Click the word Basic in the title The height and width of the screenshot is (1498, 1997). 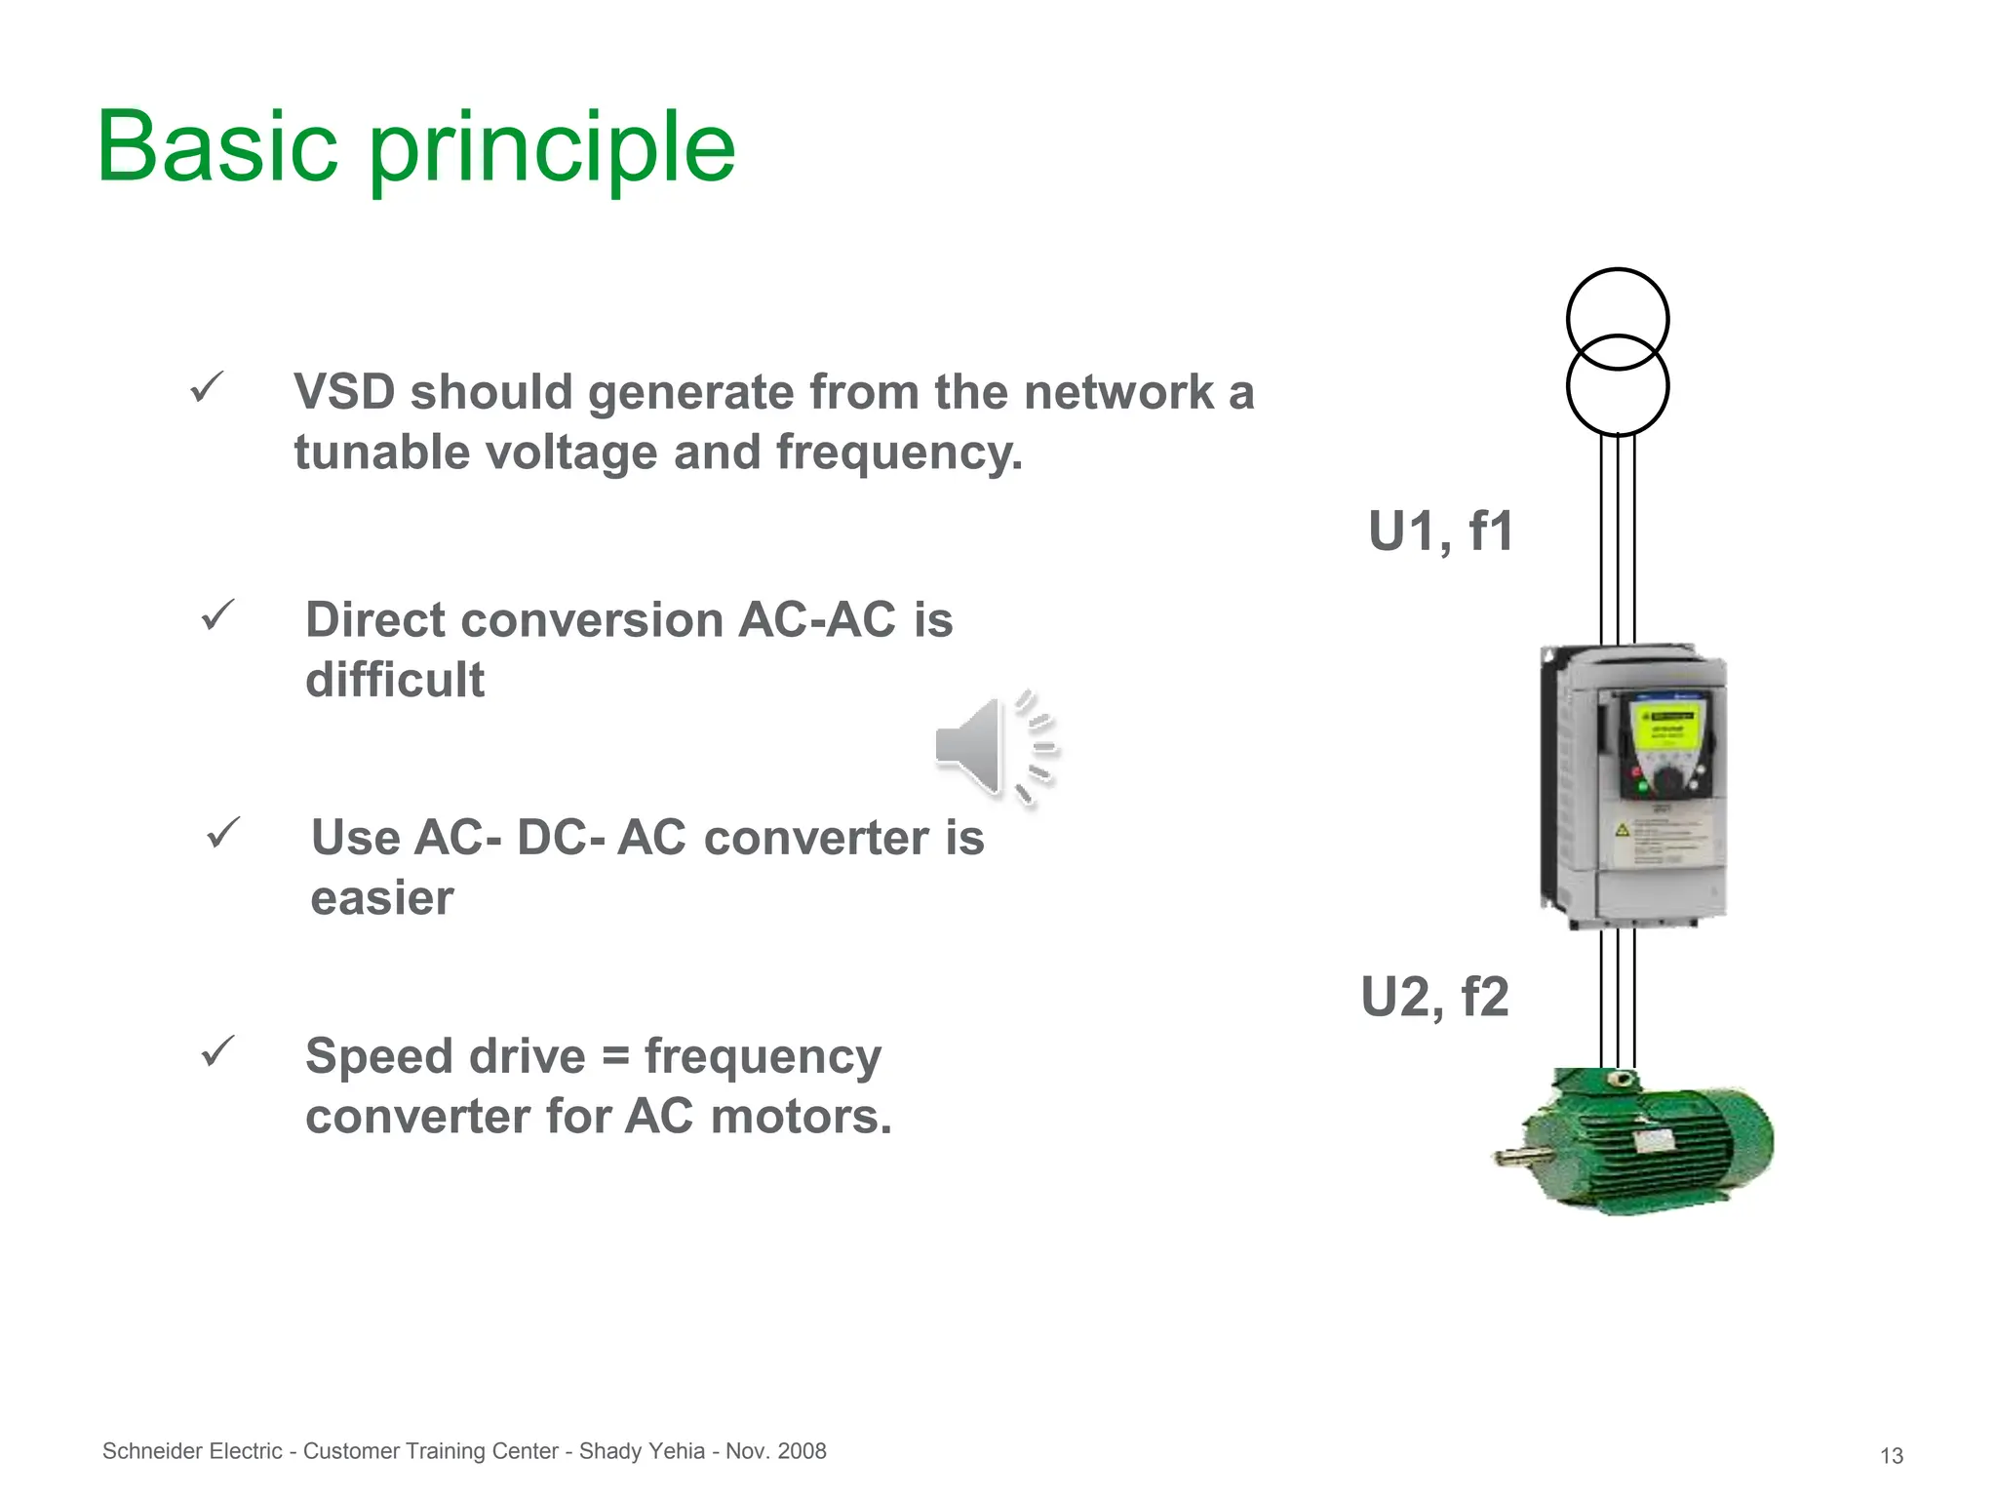[216, 148]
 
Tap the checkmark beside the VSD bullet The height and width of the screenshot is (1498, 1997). [207, 388]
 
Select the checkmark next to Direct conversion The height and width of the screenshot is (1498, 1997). [217, 615]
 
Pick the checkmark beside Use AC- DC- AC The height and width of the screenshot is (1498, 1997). [223, 833]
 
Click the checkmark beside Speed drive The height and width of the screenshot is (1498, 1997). [217, 1051]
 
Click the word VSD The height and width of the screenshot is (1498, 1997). [344, 392]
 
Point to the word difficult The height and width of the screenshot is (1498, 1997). [394, 680]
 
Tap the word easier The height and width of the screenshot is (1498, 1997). [381, 898]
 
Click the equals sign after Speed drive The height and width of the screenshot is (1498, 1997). [615, 1056]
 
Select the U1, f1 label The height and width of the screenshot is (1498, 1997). [1440, 532]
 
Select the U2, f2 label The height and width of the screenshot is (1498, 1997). [1434, 997]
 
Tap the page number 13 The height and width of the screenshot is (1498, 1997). [1891, 1456]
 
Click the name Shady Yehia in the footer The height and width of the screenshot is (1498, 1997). [642, 1451]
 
